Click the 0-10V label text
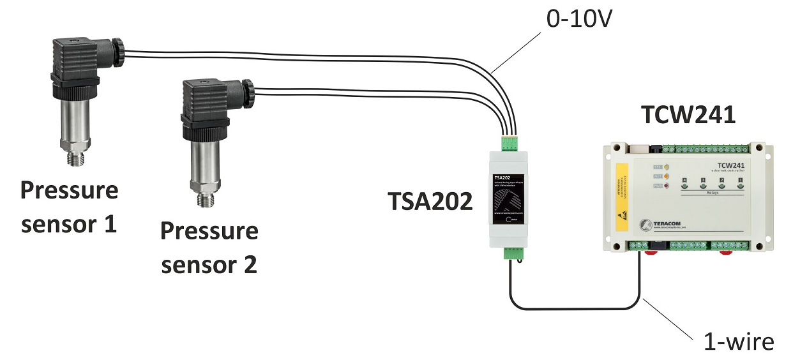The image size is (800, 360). [579, 20]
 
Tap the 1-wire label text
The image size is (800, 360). [738, 341]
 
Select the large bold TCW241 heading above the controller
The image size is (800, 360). [688, 116]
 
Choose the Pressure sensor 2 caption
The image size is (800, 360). [209, 248]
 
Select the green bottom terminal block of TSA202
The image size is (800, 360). [512, 253]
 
